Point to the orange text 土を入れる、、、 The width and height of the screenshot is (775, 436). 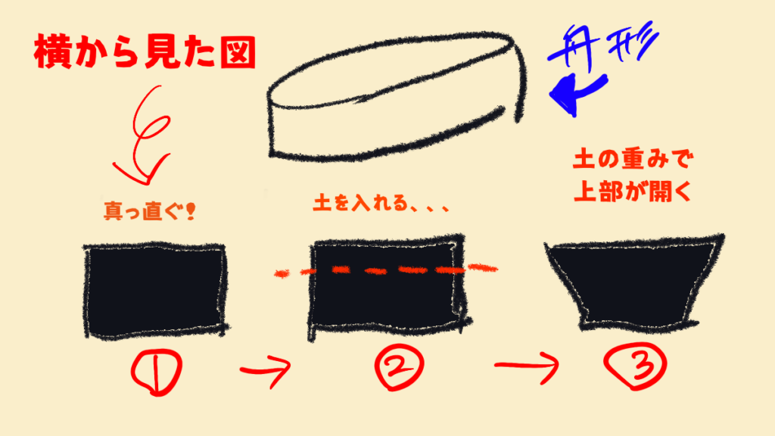[381, 205]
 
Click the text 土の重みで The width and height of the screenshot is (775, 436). [630, 161]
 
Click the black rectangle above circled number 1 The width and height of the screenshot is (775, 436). [156, 289]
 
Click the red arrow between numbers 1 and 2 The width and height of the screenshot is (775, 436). [265, 370]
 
